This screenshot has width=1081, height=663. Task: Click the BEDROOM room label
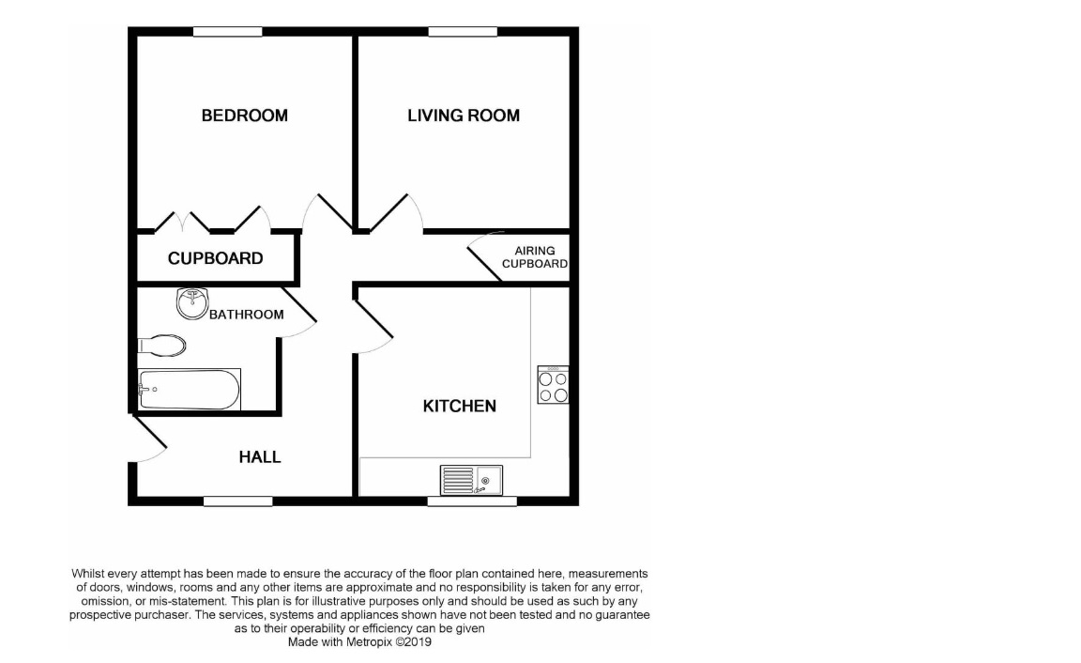pos(244,116)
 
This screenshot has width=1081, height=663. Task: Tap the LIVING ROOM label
pos(463,116)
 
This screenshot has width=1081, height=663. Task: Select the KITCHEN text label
pos(459,407)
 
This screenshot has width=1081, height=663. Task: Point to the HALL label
pos(260,457)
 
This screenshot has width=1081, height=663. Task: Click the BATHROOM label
pos(246,315)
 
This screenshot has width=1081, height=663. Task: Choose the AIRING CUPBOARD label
pos(534,257)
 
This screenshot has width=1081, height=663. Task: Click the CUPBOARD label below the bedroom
pos(215,258)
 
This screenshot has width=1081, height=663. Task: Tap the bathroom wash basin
pos(191,302)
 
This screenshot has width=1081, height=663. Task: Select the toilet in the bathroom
pos(161,345)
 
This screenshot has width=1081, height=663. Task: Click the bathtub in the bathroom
pos(189,390)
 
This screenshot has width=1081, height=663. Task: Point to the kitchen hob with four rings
pos(552,385)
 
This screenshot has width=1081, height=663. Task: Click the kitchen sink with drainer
pos(472,480)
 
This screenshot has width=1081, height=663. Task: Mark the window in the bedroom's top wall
pos(227,32)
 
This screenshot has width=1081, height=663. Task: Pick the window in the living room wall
pos(462,32)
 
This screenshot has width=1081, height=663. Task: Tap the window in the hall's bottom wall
pos(237,501)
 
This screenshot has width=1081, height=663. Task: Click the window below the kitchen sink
pos(471,501)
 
